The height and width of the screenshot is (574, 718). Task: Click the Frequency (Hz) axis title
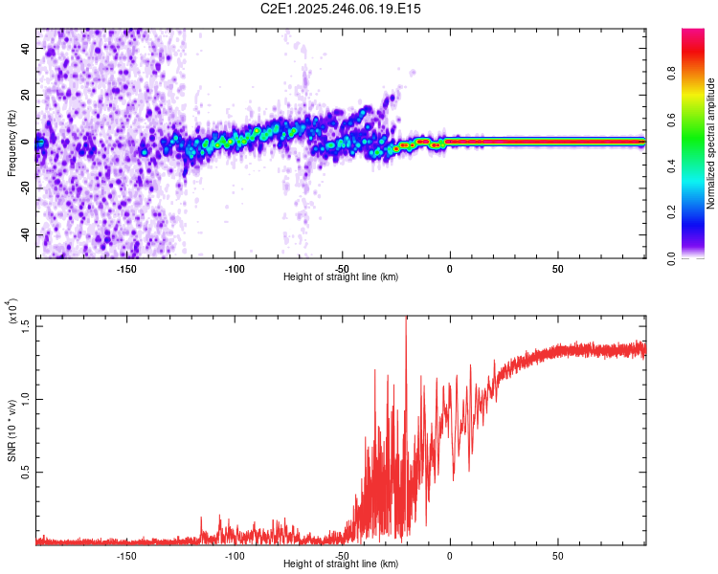(11, 143)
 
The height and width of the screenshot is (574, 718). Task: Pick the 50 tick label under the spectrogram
(557, 268)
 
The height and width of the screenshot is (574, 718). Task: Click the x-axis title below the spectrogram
(342, 276)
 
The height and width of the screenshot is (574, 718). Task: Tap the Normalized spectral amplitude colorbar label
(711, 143)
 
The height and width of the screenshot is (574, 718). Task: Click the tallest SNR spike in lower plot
(406, 320)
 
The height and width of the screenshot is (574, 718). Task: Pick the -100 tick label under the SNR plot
(235, 555)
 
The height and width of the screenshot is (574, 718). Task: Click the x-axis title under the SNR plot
(342, 563)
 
